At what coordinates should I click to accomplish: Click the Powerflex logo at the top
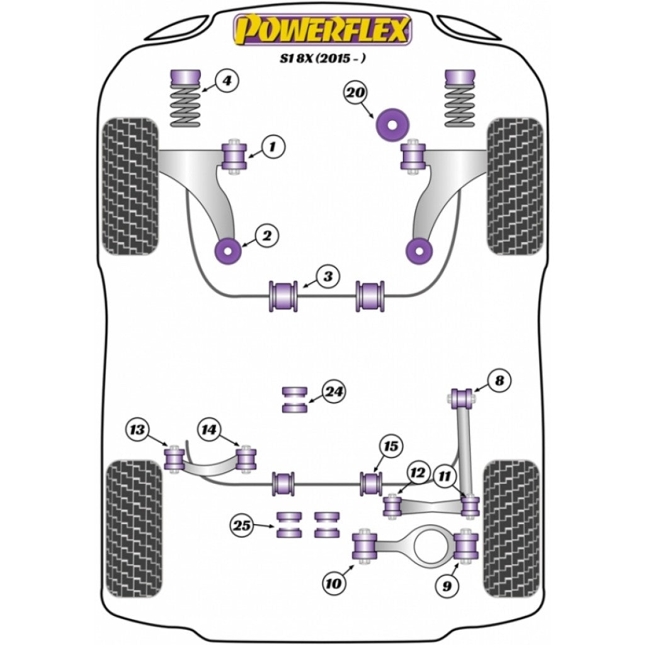322,30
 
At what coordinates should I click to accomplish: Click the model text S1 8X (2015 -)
322,59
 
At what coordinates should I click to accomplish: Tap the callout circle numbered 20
356,93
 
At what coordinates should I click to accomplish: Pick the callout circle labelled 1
271,148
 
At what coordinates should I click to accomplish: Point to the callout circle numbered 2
266,236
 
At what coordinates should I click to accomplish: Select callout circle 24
334,392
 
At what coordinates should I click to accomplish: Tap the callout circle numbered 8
499,380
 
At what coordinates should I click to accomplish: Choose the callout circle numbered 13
137,430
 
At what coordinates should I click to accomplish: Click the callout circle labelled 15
390,447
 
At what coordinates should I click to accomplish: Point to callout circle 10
333,584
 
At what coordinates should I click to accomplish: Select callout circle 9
447,587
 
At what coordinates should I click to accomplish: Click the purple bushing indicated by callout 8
463,398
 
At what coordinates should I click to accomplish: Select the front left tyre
130,186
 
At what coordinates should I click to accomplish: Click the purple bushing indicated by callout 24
294,399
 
